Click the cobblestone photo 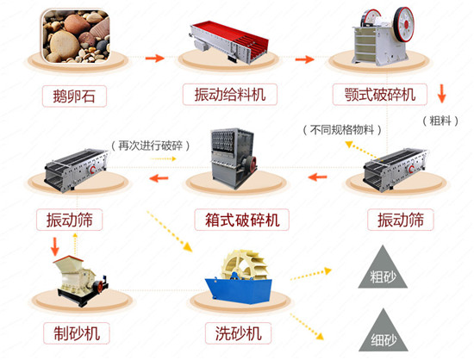coord(76,36)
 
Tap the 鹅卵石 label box coord(74,96)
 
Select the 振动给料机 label coord(230,95)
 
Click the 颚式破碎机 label coord(380,95)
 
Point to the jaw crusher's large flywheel coord(404,24)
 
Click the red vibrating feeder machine coord(229,41)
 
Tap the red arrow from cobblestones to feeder coord(155,58)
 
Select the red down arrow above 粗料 coord(441,94)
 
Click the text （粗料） coord(440,121)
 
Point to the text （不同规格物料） coord(342,130)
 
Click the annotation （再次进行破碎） coord(151,146)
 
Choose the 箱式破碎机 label coord(241,220)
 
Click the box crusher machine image coord(234,158)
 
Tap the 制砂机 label coord(77,333)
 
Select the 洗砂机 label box coord(238,333)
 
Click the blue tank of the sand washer coord(239,290)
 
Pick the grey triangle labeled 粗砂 coord(383,267)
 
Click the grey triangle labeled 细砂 coord(384,331)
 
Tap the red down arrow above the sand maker coord(54,246)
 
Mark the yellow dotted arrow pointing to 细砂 coord(307,326)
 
